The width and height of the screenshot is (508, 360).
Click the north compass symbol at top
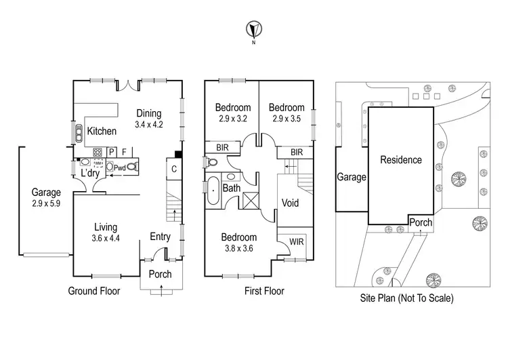click(253, 30)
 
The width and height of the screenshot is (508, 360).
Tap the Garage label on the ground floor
click(45, 192)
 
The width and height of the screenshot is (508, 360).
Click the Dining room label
click(149, 114)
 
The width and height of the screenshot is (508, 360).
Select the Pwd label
click(119, 167)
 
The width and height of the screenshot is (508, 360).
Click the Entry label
click(161, 236)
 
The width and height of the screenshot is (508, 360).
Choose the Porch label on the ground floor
click(160, 275)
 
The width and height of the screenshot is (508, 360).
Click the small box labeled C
click(173, 169)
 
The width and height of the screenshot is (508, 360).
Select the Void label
click(291, 203)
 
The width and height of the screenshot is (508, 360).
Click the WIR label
click(296, 241)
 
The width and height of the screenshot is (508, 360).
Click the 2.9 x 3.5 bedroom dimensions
click(286, 118)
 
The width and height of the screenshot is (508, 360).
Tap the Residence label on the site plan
click(400, 161)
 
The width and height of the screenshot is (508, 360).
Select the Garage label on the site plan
click(352, 178)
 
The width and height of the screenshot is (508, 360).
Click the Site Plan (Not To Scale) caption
click(407, 298)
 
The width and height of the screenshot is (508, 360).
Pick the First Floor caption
click(265, 292)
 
